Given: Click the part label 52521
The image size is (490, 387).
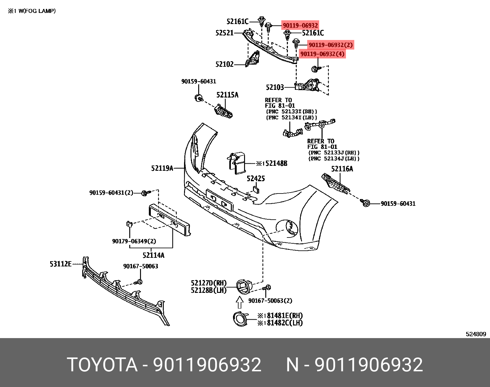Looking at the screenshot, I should [x=224, y=33].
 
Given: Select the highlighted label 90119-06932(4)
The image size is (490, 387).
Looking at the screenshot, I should [x=322, y=54].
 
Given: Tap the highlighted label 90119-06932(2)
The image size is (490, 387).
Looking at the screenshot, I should [x=331, y=45].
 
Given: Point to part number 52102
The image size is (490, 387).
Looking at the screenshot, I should [x=224, y=64].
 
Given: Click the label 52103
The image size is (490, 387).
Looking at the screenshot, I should [x=275, y=87].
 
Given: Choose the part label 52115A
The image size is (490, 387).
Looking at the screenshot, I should [x=227, y=95].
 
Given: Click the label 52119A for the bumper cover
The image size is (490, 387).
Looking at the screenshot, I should [x=162, y=168].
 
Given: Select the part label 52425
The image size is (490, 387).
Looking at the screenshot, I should [x=256, y=178].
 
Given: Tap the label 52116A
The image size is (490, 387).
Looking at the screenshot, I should [x=342, y=169].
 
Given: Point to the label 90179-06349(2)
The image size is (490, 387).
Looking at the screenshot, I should [x=134, y=241].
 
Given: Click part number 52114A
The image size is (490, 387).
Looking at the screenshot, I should [x=153, y=255].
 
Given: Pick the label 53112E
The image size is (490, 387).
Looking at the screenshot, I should [x=61, y=264].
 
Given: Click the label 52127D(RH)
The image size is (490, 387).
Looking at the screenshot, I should [x=208, y=283].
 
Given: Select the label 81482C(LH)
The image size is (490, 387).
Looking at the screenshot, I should [x=284, y=323].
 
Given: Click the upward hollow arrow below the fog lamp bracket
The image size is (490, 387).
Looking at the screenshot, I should [x=239, y=302].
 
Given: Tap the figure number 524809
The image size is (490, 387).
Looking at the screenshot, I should [x=476, y=334].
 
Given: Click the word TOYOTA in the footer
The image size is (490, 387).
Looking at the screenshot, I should [x=102, y=365].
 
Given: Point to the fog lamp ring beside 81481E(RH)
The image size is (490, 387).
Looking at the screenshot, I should [x=240, y=319].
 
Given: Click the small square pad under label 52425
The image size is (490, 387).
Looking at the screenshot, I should [x=256, y=190].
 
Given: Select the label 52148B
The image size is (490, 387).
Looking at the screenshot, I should [x=276, y=163].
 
